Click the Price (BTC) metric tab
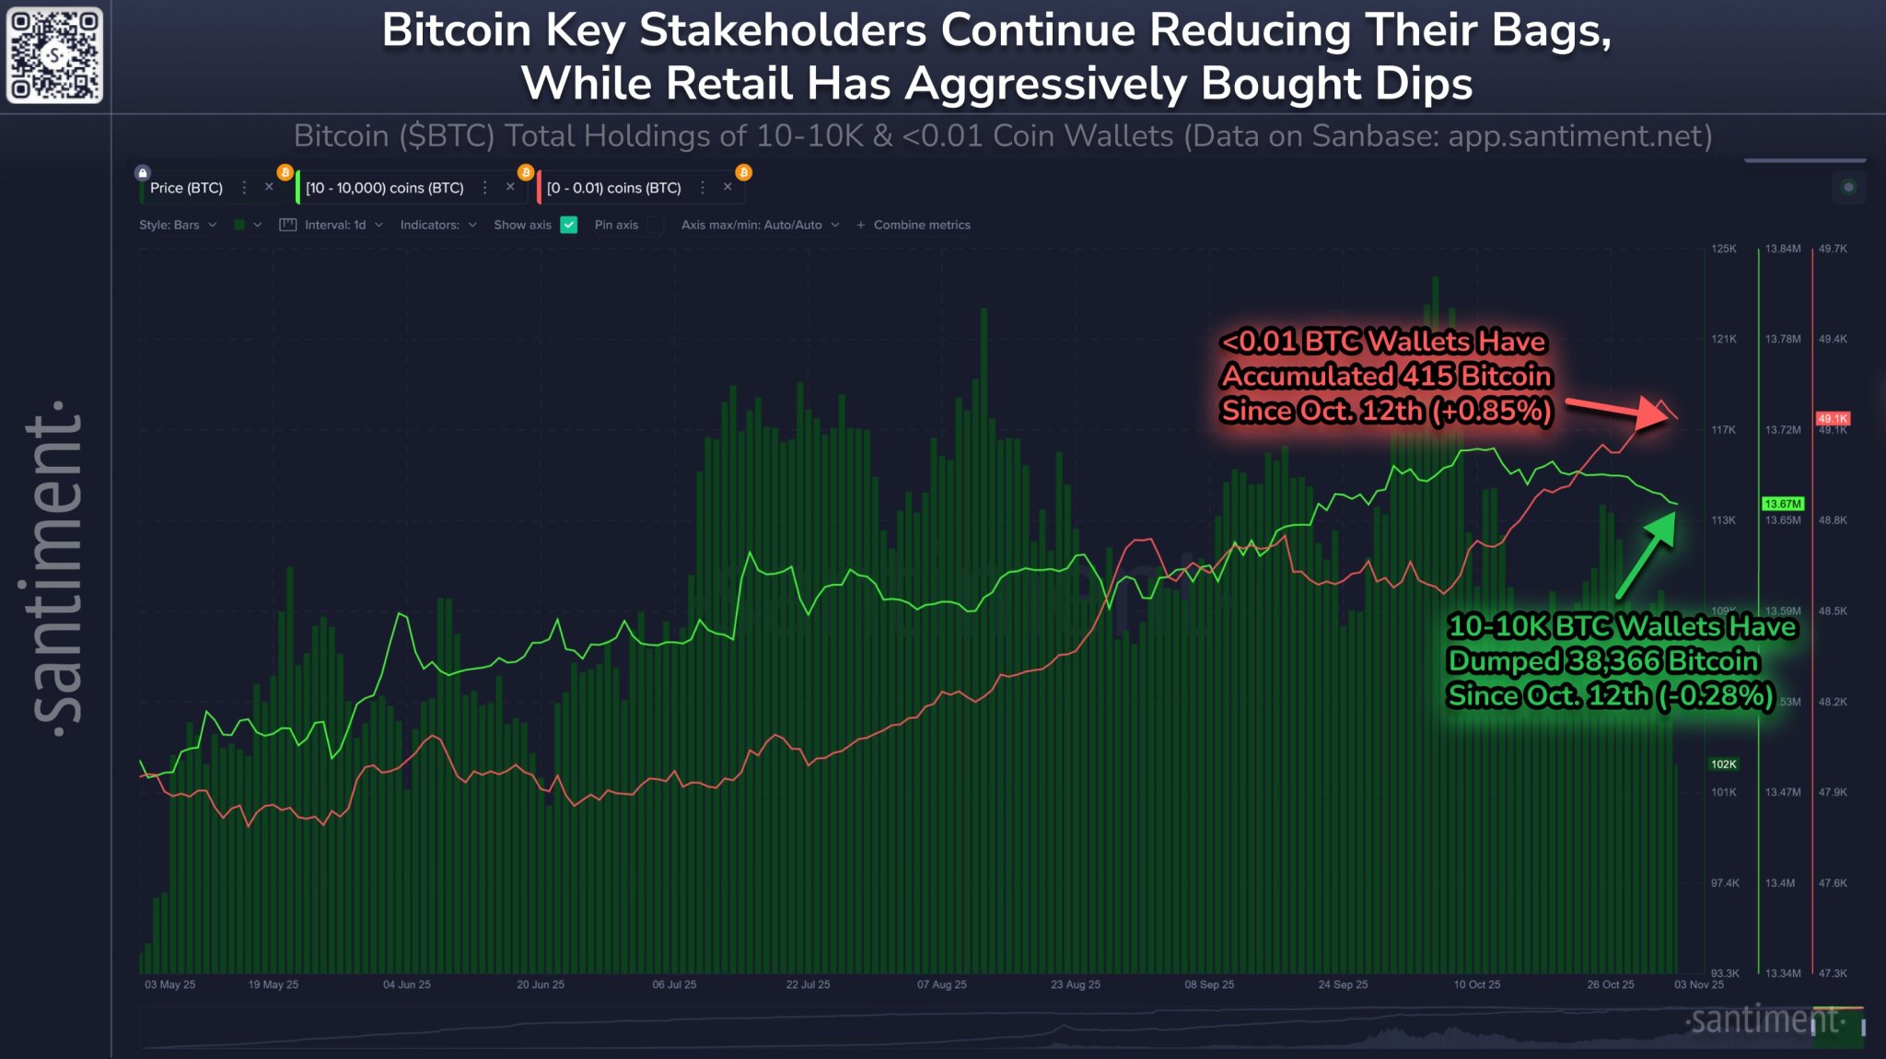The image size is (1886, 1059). point(186,188)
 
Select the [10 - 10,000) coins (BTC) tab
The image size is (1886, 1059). point(384,188)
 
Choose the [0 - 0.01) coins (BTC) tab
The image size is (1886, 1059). point(613,188)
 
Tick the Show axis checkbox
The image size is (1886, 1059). point(569,225)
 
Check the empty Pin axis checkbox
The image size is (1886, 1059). point(656,225)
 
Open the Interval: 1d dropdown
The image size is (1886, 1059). point(335,225)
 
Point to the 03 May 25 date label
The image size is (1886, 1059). point(170,984)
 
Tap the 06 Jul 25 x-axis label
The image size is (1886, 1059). point(674,984)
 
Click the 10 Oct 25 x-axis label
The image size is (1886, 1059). point(1476,984)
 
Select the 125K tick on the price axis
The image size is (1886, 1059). point(1723,249)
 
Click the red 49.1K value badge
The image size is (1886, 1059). point(1832,419)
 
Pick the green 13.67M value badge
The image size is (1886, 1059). point(1782,504)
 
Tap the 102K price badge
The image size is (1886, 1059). point(1723,764)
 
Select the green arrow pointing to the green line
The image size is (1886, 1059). point(1646,556)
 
